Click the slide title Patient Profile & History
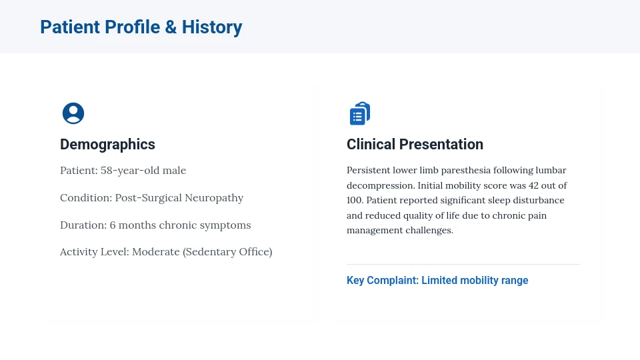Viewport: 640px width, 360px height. pyautogui.click(x=141, y=27)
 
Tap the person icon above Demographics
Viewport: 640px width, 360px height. pyautogui.click(x=73, y=113)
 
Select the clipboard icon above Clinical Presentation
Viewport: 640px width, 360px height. pyautogui.click(x=360, y=113)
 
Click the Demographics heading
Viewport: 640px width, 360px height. pyautogui.click(x=107, y=145)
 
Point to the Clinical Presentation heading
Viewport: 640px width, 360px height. pyautogui.click(x=415, y=145)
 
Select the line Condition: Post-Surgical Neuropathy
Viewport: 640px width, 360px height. pyautogui.click(x=151, y=198)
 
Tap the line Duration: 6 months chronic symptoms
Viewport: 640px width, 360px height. pyautogui.click(x=155, y=225)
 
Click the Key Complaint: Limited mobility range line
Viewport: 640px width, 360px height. pyautogui.click(x=437, y=281)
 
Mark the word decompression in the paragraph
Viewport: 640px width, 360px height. pyautogui.click(x=376, y=185)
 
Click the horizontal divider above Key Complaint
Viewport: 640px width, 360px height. pyautogui.click(x=463, y=265)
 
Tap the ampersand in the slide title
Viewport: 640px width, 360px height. pyautogui.click(x=171, y=27)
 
